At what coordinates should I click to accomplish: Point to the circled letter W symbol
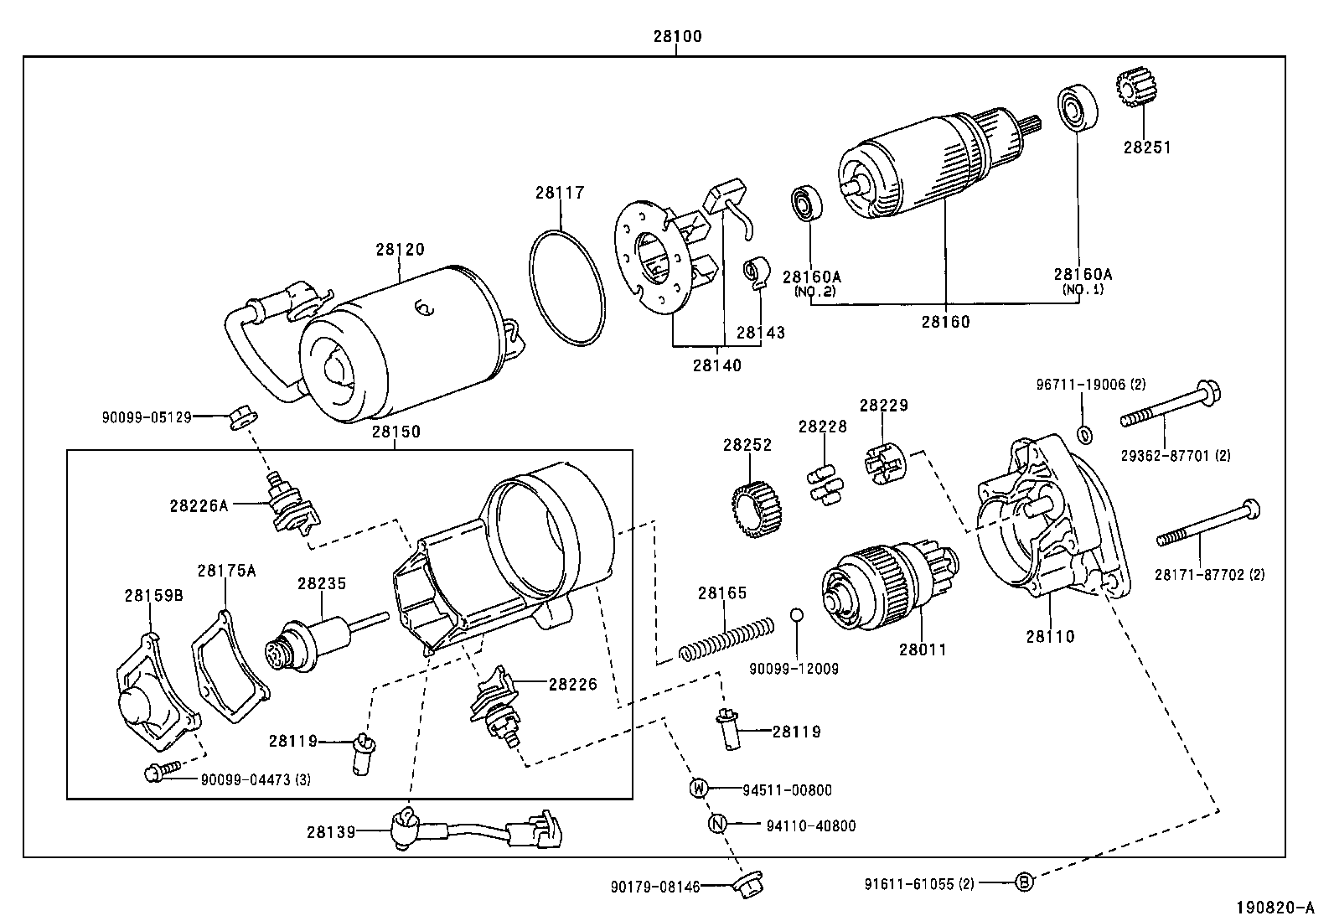(x=699, y=788)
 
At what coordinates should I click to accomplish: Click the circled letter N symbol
(x=716, y=825)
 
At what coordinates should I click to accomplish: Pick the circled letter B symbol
(x=1024, y=882)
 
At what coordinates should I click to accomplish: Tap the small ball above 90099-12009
(x=797, y=616)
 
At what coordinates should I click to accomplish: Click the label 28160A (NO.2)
(x=811, y=282)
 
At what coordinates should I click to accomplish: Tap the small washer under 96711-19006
(x=1083, y=435)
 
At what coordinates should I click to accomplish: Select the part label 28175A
(x=226, y=571)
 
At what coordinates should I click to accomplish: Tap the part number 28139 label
(x=329, y=831)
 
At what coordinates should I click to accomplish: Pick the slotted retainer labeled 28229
(x=882, y=463)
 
